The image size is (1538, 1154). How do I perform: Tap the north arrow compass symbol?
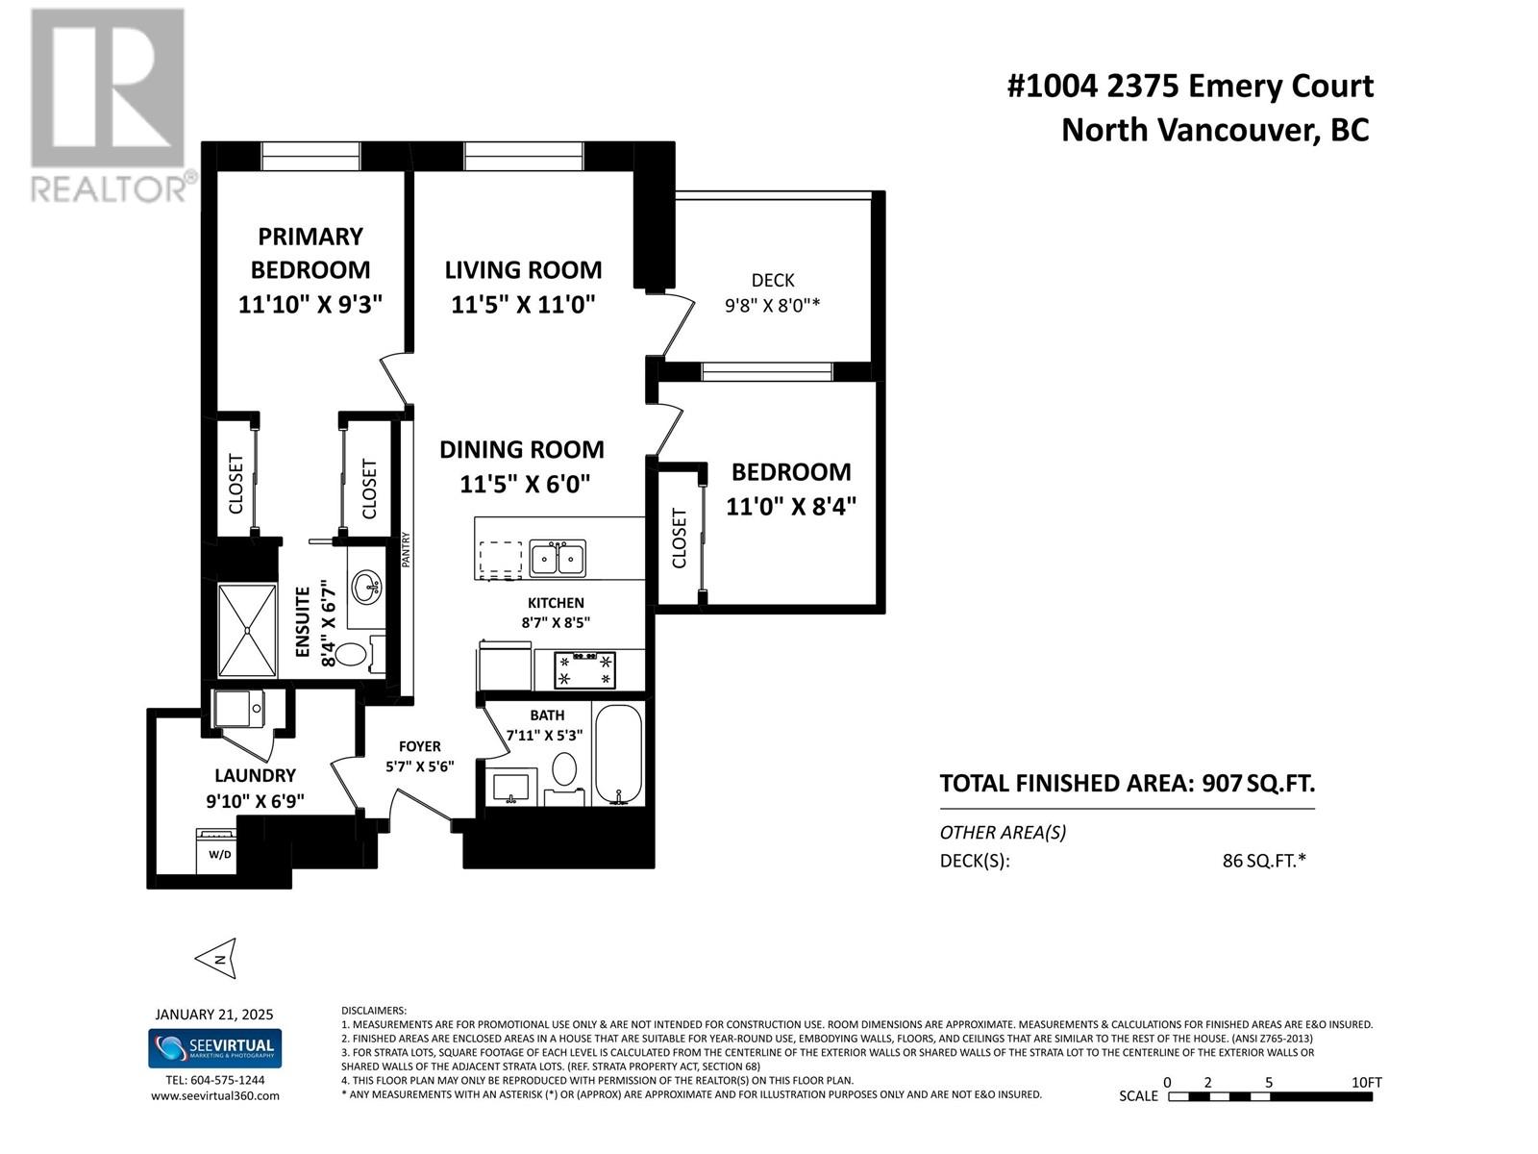(216, 958)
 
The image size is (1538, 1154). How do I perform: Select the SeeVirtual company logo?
(215, 1048)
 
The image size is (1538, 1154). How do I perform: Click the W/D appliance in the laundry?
(216, 851)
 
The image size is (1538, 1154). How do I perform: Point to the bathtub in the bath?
(618, 755)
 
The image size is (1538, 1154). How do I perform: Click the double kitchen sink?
(557, 559)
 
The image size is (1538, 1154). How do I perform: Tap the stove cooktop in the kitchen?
(585, 669)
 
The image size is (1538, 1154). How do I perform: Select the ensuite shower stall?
(247, 631)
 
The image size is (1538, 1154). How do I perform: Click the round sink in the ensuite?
(366, 587)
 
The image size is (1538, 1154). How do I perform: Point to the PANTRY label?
(406, 549)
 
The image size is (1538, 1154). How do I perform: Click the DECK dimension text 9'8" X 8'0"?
(772, 306)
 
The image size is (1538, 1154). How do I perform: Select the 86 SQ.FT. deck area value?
(1264, 861)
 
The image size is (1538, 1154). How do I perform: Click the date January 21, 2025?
(214, 1015)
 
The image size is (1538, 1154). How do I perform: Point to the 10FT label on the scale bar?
(1366, 1082)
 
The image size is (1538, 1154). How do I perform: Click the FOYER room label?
(420, 746)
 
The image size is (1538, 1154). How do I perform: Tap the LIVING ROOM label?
(524, 270)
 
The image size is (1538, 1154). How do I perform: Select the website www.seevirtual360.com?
(215, 1096)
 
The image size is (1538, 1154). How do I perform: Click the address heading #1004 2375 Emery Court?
(1190, 87)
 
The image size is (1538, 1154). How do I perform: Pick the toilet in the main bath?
(564, 776)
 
